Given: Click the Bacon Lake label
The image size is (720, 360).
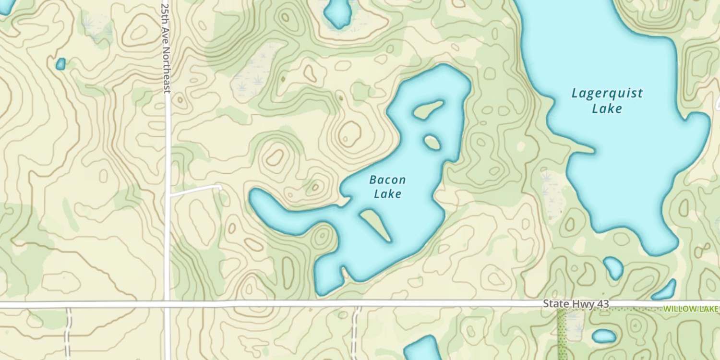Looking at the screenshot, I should pyautogui.click(x=387, y=187).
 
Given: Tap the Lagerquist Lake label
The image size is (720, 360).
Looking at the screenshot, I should pyautogui.click(x=607, y=101).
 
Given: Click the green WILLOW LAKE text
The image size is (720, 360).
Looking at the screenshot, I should pyautogui.click(x=691, y=309).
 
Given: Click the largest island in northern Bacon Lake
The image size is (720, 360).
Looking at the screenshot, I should pyautogui.click(x=428, y=110).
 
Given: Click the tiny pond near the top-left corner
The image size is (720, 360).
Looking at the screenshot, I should pyautogui.click(x=60, y=64).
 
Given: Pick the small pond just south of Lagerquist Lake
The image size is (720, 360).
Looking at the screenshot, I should pyautogui.click(x=613, y=267).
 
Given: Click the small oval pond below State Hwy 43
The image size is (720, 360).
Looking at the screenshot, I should pyautogui.click(x=604, y=336).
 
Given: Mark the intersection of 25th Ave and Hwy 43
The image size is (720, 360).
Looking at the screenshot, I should pyautogui.click(x=167, y=304).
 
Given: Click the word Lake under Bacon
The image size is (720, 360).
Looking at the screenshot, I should pyautogui.click(x=387, y=194).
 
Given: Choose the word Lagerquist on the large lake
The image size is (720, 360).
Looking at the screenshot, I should pyautogui.click(x=607, y=94).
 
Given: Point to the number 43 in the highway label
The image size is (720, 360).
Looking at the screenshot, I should pyautogui.click(x=602, y=304).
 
